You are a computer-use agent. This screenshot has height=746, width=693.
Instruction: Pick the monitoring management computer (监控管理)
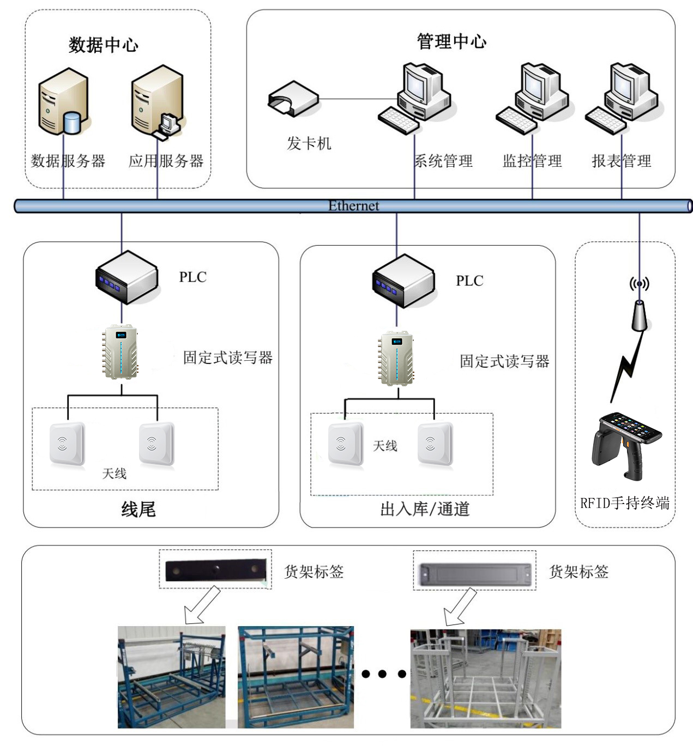[534, 98]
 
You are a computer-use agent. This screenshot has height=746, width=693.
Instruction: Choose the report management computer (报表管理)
[624, 98]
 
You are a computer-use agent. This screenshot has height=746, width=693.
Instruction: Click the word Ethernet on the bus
[353, 206]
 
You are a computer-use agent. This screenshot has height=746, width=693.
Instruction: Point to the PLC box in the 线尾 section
[127, 277]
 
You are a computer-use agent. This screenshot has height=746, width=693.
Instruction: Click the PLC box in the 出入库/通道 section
[403, 281]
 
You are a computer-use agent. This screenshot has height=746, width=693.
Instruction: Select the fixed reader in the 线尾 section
[120, 352]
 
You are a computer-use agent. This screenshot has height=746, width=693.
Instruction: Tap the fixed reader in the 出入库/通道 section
[396, 359]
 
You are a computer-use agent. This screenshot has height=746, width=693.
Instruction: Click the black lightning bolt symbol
[627, 368]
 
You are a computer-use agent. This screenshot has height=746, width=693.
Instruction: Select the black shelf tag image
[215, 571]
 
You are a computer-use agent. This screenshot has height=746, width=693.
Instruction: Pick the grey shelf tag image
[474, 574]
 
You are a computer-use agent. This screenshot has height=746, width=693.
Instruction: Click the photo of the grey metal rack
[485, 678]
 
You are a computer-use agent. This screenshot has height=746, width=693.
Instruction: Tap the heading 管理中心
[451, 41]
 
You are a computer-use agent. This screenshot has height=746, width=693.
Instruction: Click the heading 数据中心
[103, 45]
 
